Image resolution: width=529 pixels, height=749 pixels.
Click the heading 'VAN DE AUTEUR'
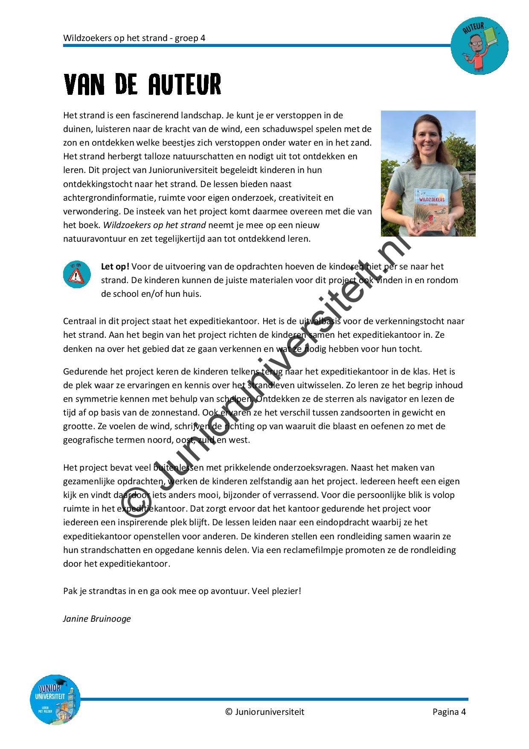tap(142, 85)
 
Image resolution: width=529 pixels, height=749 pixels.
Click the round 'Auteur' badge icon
tap(480, 46)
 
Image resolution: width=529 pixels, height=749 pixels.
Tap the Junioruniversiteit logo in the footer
tap(55, 699)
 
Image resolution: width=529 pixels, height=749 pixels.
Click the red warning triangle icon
tap(77, 275)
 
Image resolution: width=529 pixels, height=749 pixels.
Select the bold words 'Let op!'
tap(115, 266)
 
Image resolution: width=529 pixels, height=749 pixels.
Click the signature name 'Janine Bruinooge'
tap(97, 619)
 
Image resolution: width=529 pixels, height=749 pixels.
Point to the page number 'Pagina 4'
tap(449, 711)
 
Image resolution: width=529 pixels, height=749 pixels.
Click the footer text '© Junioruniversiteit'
tap(264, 711)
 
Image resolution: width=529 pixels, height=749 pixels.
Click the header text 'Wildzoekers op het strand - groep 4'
tap(134, 38)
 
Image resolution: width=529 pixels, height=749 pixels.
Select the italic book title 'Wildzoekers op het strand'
tap(154, 225)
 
